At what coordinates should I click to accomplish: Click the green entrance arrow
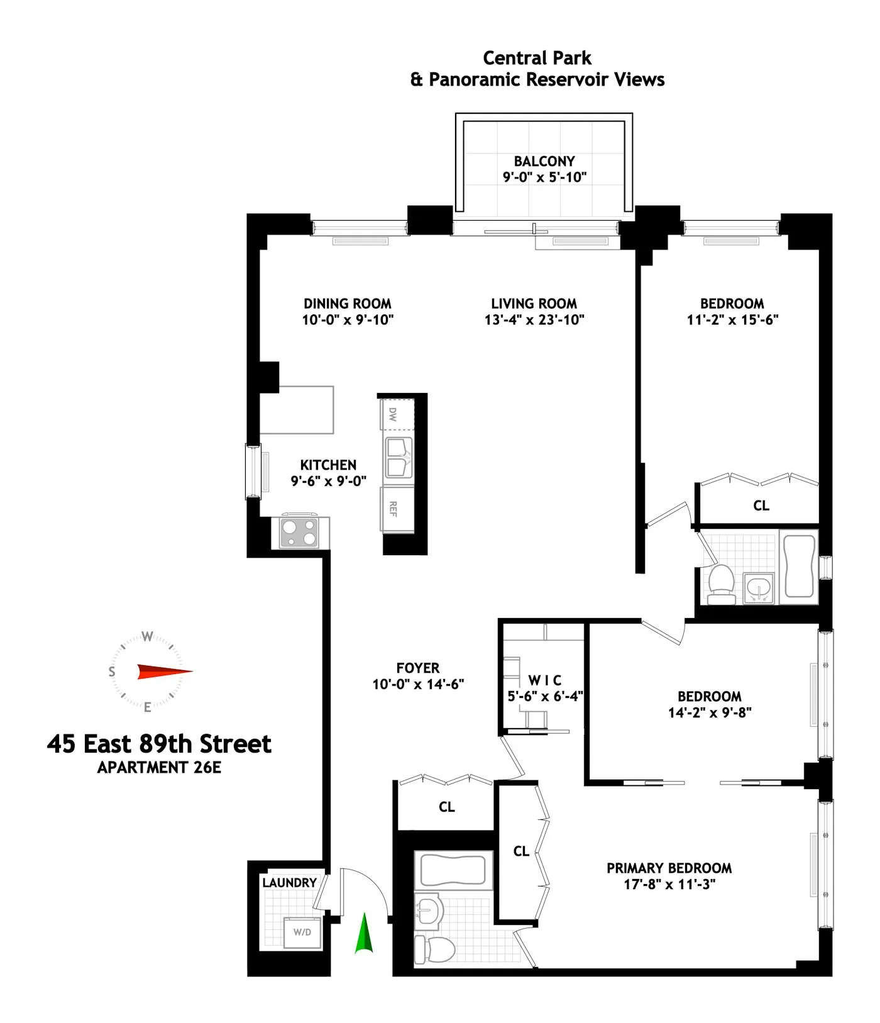364,933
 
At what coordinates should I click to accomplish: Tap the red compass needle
164,672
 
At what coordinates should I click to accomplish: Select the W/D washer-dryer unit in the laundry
302,932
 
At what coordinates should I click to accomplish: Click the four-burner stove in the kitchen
299,533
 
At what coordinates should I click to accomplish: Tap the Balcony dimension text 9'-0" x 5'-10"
544,177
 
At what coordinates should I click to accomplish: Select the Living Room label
534,304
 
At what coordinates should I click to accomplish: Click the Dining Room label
348,304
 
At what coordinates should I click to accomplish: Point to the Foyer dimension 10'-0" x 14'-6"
418,684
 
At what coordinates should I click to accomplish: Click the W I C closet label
545,680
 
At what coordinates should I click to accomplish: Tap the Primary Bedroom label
669,868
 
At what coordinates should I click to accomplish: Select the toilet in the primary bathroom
435,949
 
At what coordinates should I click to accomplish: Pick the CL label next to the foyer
447,807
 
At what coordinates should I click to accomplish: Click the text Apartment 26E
159,768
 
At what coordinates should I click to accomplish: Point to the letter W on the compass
147,636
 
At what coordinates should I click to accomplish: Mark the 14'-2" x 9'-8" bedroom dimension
710,712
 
